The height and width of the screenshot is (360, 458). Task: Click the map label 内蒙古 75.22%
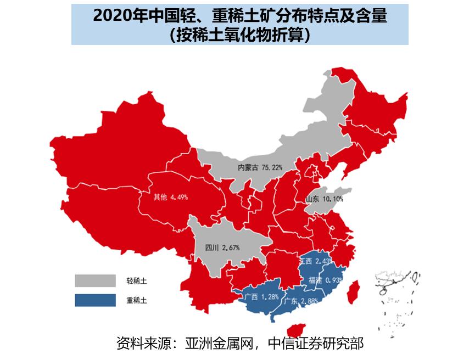click(x=260, y=167)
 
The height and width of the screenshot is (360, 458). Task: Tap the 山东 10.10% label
click(x=324, y=199)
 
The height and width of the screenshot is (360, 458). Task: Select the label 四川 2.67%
click(x=222, y=248)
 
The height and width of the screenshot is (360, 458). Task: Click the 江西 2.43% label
click(x=314, y=260)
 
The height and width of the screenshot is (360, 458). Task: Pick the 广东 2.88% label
click(x=301, y=301)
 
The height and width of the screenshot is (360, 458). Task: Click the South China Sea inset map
click(x=397, y=299)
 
